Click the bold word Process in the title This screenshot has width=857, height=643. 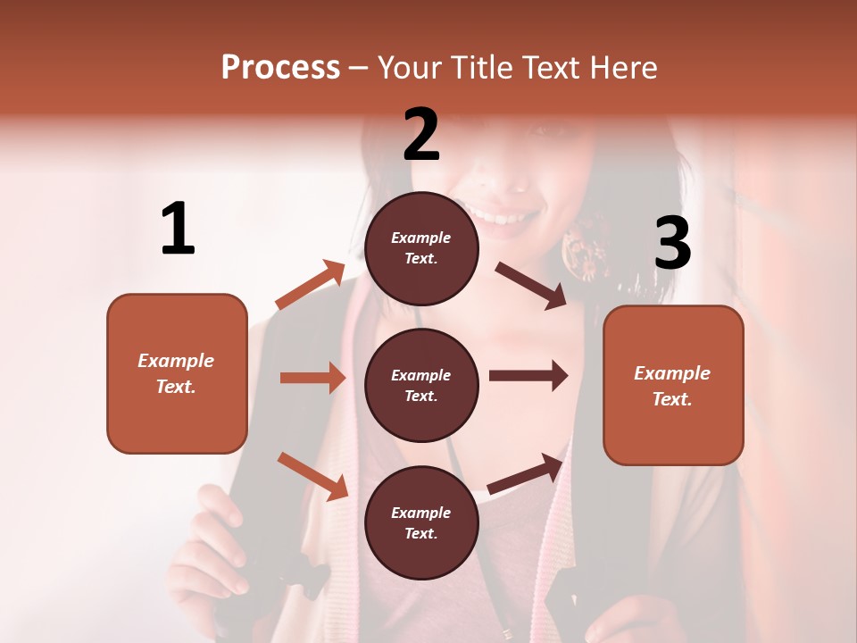click(x=280, y=67)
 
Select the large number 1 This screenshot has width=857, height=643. click(x=178, y=230)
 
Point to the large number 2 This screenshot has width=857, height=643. click(x=421, y=134)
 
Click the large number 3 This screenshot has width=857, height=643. click(x=672, y=243)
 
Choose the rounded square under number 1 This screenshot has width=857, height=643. click(x=177, y=373)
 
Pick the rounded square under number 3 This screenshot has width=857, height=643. click(x=673, y=385)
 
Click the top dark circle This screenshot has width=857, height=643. click(x=421, y=248)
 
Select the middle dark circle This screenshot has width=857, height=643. click(x=421, y=385)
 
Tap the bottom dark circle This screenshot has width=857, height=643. click(x=421, y=522)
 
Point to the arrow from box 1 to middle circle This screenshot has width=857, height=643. click(x=312, y=378)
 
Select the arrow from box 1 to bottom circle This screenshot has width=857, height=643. click(x=312, y=475)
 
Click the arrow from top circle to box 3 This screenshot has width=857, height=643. click(x=531, y=285)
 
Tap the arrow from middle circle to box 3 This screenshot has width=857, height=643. click(x=528, y=376)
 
